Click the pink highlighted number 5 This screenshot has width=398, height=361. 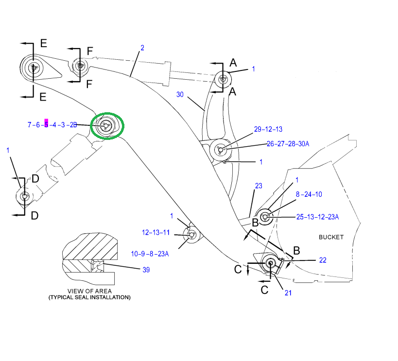pos(46,125)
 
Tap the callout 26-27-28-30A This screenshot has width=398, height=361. pos(288,143)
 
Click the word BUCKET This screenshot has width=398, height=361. pos(331,237)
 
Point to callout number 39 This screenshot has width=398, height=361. pos(146,270)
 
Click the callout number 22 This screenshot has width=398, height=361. pos(323,260)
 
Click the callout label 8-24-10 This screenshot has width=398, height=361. pos(309,194)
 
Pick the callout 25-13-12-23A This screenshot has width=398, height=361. pos(317,217)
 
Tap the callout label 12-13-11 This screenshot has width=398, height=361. pos(156,232)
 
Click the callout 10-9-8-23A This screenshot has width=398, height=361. pos(150,253)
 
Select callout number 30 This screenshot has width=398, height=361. pos(180,94)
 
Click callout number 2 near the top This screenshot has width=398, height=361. pos(142,48)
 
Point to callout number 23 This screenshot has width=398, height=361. pos(258,186)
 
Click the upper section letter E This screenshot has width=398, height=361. pos(43,44)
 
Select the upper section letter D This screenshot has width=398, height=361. pos(35,179)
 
